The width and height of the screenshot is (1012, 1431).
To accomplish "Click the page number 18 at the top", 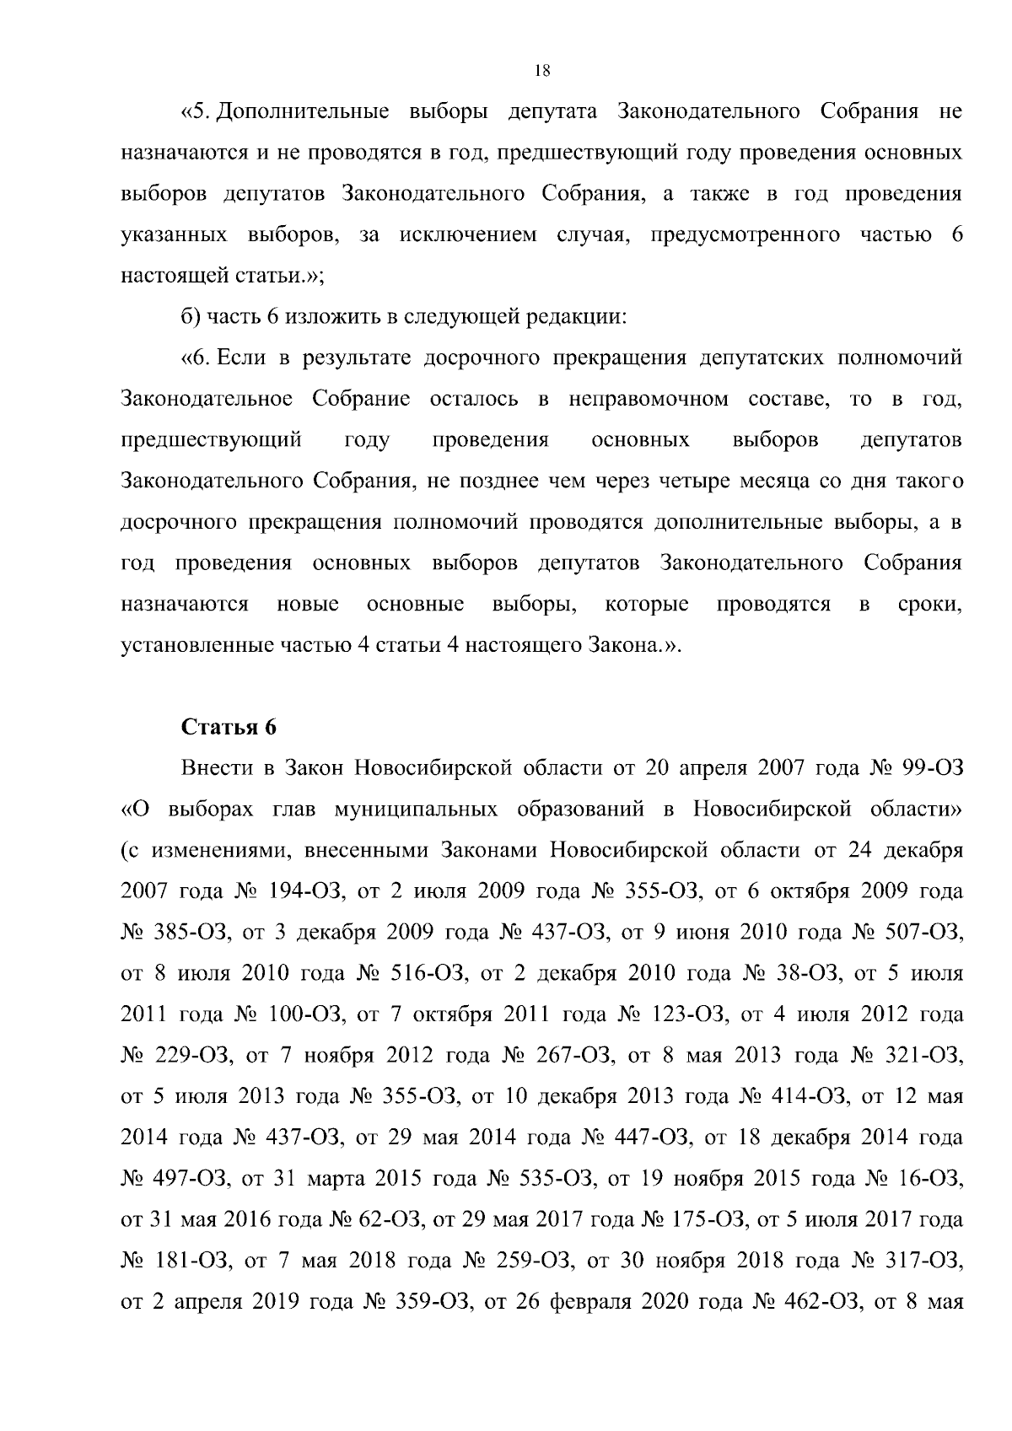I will (542, 72).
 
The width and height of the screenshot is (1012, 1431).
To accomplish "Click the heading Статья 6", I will (229, 728).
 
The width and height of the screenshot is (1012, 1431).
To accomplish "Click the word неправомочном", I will (649, 399).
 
